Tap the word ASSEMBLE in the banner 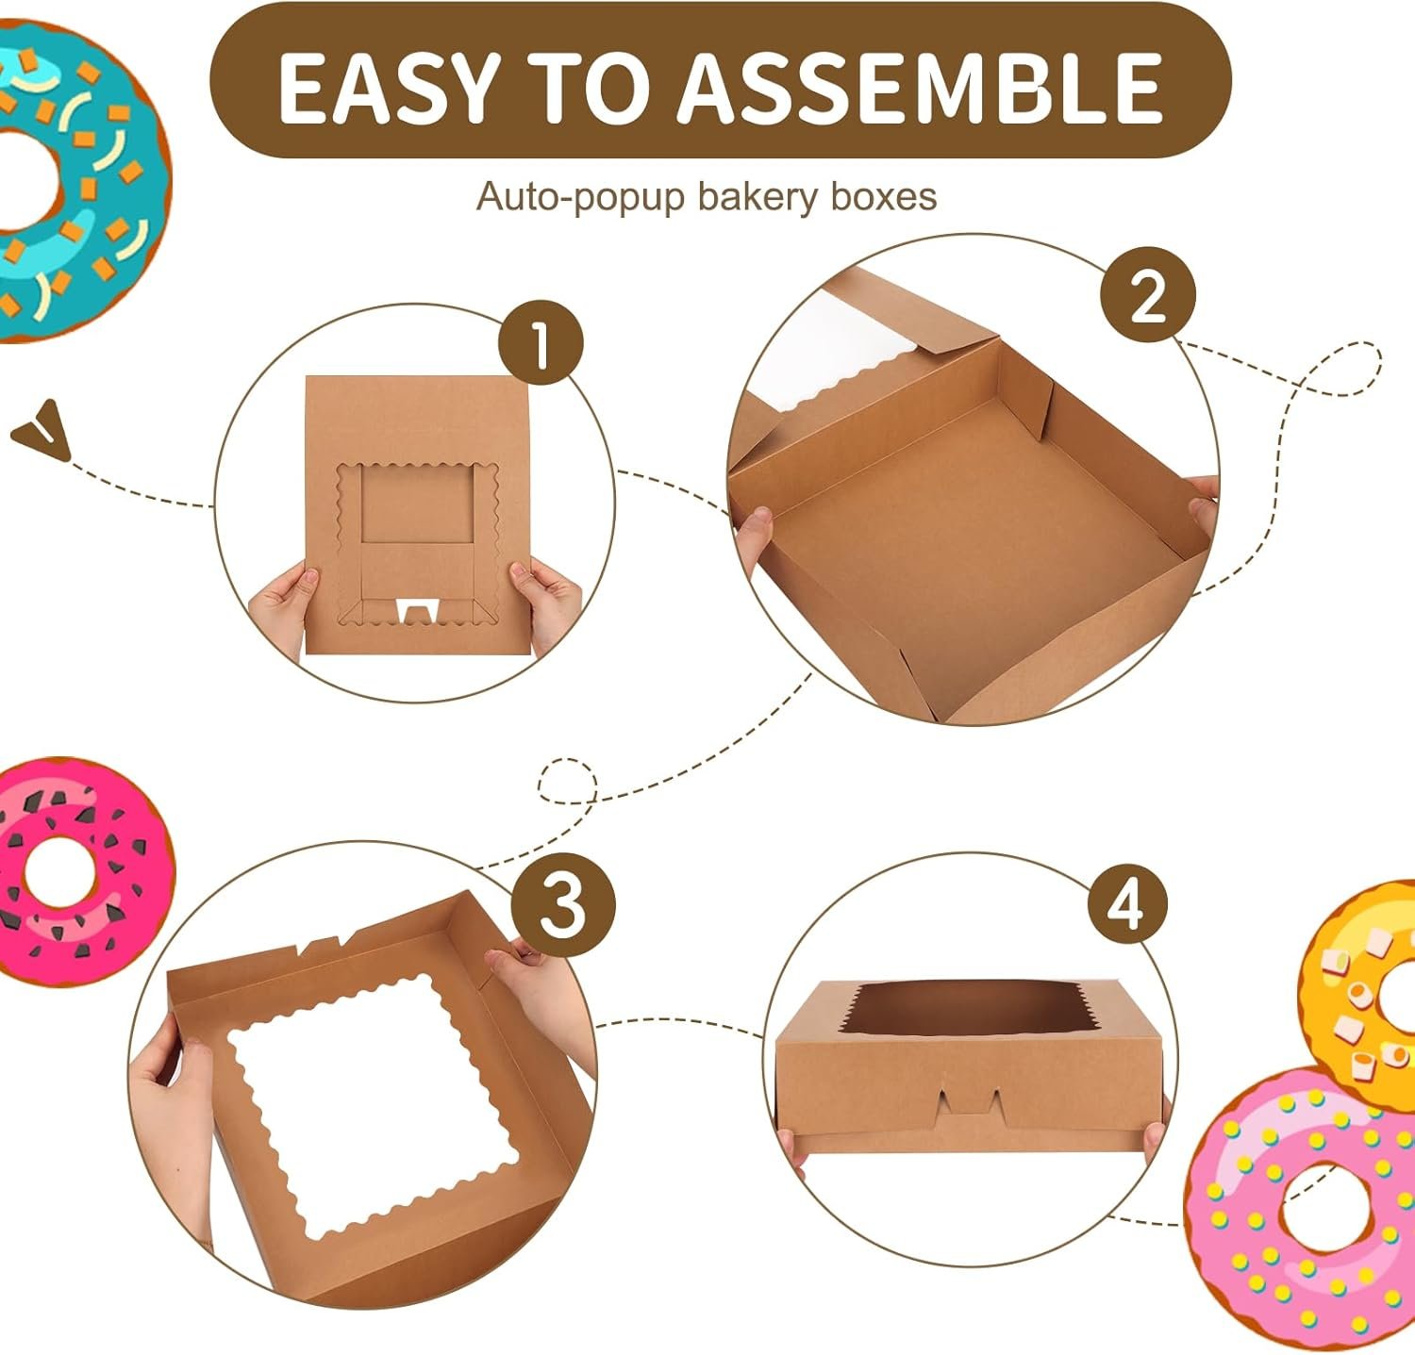click(x=921, y=86)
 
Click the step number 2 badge click(x=1147, y=296)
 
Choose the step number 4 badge click(x=1126, y=904)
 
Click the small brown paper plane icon click(x=42, y=429)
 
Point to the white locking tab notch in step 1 click(x=413, y=610)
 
